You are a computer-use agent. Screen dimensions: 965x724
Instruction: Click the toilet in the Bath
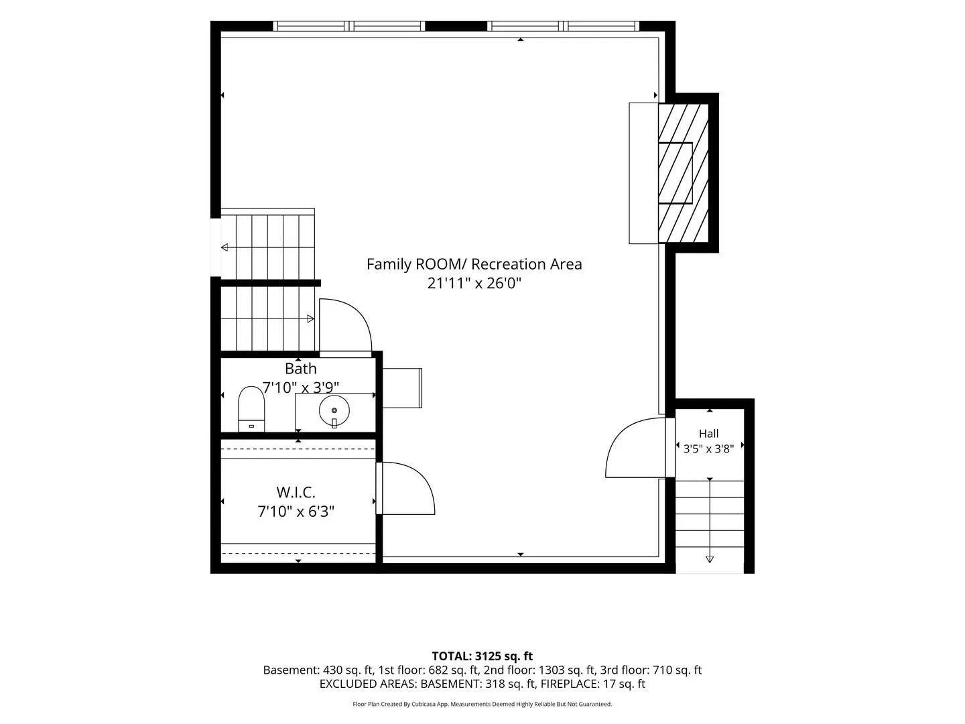tap(251, 409)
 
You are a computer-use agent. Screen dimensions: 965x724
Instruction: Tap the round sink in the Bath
tap(334, 410)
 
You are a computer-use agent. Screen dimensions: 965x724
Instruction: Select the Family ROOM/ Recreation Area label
tap(474, 264)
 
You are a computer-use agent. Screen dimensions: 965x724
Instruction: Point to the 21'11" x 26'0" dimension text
tap(474, 283)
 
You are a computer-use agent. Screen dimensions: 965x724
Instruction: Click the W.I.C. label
tap(296, 492)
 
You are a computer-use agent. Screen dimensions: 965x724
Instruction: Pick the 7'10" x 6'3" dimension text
tap(296, 511)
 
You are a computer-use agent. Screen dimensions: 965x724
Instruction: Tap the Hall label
tap(709, 434)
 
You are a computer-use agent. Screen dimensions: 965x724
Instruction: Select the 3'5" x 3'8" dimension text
tap(709, 449)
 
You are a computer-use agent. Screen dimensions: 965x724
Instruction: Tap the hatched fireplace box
tap(683, 173)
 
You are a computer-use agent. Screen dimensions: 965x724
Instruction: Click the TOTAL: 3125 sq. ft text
tap(482, 656)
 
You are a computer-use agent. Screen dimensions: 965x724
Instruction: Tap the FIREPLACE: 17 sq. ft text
tap(592, 684)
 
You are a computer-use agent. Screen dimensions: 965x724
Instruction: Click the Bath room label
tap(301, 369)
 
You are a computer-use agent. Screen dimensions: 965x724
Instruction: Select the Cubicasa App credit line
tap(482, 704)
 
